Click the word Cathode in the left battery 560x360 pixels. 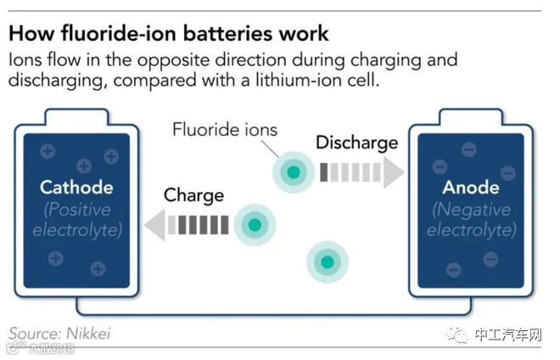tap(77, 187)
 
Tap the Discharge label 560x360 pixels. tap(356, 142)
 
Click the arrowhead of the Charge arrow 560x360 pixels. tap(154, 225)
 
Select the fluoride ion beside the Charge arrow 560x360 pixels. tap(255, 225)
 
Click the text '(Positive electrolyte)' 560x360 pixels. tap(77, 219)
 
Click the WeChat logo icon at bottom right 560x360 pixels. tap(459, 334)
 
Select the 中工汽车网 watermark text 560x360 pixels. tap(508, 334)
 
